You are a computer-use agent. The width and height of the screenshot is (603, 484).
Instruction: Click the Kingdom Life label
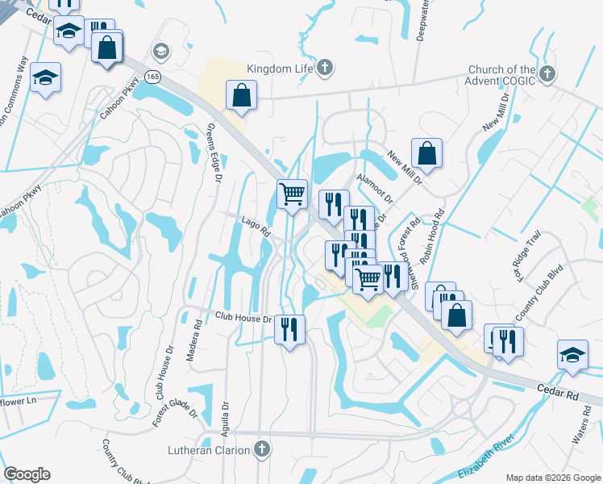point(280,69)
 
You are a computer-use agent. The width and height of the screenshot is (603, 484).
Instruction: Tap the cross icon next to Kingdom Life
point(324,68)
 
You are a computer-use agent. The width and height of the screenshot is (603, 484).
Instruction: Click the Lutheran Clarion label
point(210,449)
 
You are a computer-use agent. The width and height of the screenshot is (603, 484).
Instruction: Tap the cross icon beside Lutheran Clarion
point(261,449)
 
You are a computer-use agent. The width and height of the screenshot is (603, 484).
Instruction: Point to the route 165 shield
point(152,76)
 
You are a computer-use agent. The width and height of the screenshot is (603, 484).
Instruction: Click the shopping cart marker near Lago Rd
point(292,193)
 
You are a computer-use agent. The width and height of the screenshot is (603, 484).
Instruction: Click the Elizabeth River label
point(488,452)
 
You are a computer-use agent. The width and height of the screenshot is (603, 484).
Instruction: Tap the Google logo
point(27,474)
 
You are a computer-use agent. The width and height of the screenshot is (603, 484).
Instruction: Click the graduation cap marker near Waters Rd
point(572,356)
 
